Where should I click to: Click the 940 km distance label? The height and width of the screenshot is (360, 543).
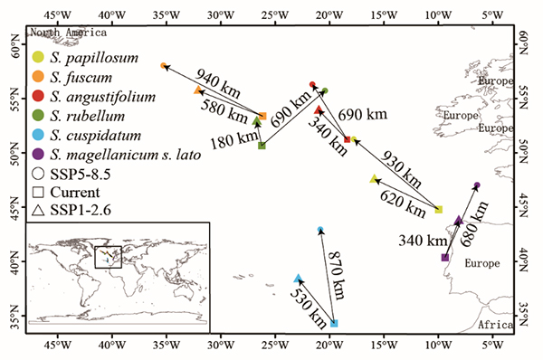click(217, 82)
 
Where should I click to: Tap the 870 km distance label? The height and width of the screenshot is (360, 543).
click(337, 275)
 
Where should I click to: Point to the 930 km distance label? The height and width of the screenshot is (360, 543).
click(401, 169)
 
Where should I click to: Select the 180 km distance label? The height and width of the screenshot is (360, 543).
click(234, 140)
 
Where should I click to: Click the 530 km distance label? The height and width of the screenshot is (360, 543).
click(308, 308)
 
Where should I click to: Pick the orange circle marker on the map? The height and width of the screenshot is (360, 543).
click(164, 66)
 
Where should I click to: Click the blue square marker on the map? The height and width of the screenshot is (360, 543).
click(334, 323)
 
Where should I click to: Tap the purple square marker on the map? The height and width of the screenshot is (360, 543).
click(445, 257)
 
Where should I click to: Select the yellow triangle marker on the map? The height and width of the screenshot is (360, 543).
click(374, 179)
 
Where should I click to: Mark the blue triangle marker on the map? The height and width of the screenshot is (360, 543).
click(298, 279)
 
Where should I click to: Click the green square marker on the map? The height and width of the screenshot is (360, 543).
click(262, 146)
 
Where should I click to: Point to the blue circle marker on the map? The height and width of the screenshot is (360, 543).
click(320, 229)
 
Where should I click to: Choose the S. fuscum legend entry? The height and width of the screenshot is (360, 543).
click(72, 77)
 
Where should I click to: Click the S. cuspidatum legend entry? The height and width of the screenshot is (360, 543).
click(87, 135)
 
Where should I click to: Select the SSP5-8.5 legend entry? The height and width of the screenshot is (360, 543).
click(71, 174)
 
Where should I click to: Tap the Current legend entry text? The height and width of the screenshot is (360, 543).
click(75, 192)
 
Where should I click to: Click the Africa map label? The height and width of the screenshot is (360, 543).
click(496, 325)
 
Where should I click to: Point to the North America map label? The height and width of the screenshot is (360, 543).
click(69, 33)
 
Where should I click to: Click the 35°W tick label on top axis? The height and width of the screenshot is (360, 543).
click(166, 14)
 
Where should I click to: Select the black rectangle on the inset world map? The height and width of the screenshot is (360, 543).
click(108, 246)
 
